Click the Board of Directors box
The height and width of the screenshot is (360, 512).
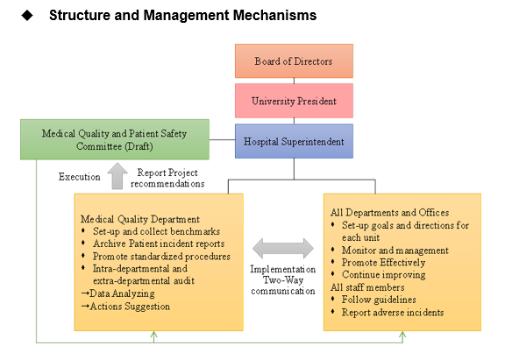[294, 61]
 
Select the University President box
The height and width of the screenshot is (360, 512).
[294, 101]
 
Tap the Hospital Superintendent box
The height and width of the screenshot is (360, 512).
[294, 141]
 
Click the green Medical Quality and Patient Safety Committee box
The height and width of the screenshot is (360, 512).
[115, 139]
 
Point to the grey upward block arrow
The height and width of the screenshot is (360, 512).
[117, 176]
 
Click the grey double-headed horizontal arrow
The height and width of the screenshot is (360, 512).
[283, 249]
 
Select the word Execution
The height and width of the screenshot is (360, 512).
[80, 177]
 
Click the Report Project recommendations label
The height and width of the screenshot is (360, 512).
[167, 178]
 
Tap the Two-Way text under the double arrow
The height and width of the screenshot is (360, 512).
[283, 280]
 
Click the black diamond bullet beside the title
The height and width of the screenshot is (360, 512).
[27, 15]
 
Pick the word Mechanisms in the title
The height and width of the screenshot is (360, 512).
[274, 15]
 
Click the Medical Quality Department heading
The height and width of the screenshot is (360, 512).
[140, 219]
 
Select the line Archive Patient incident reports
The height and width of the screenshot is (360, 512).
[159, 244]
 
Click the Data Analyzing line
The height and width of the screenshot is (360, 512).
[117, 293]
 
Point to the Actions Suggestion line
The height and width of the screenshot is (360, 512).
[125, 307]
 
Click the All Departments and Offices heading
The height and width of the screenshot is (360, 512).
[389, 213]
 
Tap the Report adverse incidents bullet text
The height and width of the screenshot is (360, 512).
[393, 313]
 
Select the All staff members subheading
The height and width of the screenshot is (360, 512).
[367, 287]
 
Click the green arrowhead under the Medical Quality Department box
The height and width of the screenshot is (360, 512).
[154, 335]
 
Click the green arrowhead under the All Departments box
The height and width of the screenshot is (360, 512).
[402, 335]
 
